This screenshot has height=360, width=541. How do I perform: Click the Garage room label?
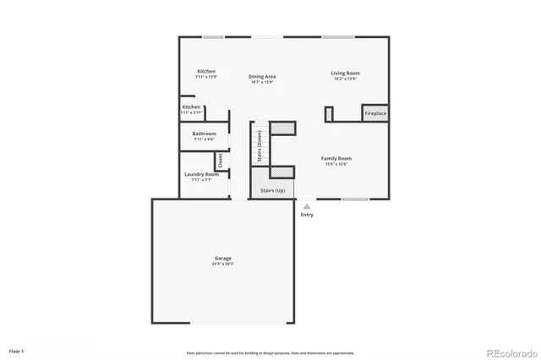point(222,259)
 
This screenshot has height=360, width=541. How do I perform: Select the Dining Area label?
point(263,76)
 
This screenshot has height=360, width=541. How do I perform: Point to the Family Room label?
point(336,158)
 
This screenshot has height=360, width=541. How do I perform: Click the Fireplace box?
point(375,113)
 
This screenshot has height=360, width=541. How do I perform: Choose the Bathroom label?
point(204,134)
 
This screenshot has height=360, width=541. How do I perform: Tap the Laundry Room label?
point(201,174)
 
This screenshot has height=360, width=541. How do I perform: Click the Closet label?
point(220,160)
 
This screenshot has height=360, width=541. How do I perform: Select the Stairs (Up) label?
point(272,192)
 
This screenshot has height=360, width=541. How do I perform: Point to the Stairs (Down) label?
point(259,145)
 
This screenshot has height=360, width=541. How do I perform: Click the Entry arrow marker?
point(306,205)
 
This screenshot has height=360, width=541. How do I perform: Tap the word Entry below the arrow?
point(306,215)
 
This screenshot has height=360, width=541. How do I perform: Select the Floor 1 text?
point(17,350)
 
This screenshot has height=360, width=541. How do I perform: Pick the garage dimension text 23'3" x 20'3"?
point(222,264)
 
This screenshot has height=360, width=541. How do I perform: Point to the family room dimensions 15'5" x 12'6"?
point(336,164)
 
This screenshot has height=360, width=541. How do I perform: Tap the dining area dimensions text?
point(263,82)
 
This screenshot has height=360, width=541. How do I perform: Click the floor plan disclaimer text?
point(270,352)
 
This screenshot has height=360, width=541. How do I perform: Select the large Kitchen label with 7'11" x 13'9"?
point(206,71)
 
